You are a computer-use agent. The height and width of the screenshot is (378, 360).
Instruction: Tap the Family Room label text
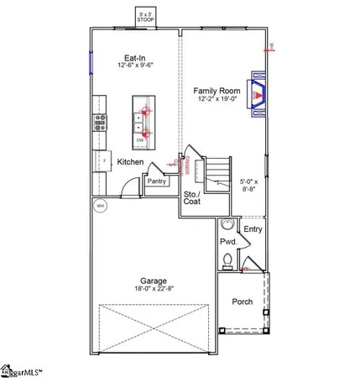(x=217, y=90)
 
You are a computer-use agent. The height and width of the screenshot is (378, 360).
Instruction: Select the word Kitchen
(x=130, y=161)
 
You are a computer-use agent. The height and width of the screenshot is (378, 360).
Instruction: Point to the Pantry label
(x=156, y=181)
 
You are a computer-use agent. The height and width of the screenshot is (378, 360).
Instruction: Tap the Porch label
(x=242, y=302)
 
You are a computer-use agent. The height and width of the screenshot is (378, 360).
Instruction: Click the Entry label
(x=253, y=228)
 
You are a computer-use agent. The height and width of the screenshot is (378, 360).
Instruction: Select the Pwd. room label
(x=228, y=242)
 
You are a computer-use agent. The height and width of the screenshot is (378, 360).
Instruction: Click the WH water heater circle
(x=100, y=205)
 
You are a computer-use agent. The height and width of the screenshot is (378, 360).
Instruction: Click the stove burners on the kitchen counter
(x=99, y=125)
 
